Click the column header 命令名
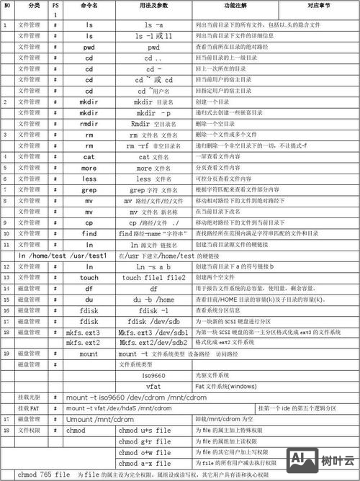pos(89,6)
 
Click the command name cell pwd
pos(89,47)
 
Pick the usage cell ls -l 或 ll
pos(153,35)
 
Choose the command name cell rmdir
pos(89,124)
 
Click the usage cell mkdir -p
pos(153,113)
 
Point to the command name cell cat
pos(89,156)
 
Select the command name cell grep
pos(89,189)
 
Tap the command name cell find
pos(89,233)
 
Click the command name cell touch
pos(89,277)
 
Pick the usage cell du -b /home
pos(153,299)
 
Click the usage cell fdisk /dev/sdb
pos(153,320)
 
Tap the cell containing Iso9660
pos(153,375)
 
